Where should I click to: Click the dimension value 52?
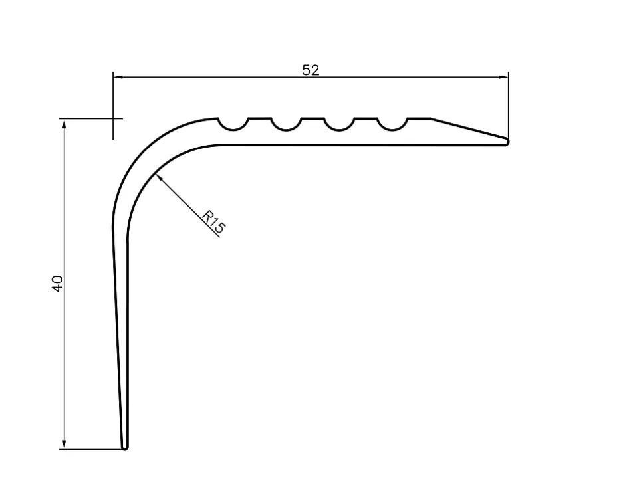pos(311,70)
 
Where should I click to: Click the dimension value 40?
pos(57,284)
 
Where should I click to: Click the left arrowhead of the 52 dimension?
pos(118,78)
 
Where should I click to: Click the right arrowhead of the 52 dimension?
pos(504,78)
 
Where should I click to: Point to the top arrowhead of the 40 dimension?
pos(64,123)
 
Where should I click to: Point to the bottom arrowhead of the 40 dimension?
pos(64,445)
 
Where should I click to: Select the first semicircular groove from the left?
pos(233,124)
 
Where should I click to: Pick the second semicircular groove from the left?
pos(286,124)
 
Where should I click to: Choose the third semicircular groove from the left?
pos(338,124)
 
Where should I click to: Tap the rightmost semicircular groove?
pos(392,124)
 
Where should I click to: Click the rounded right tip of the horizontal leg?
pos(507,141)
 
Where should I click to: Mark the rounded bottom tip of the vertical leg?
pos(125,447)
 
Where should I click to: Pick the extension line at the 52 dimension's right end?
pos(509,106)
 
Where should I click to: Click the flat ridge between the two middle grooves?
pos(312,119)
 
